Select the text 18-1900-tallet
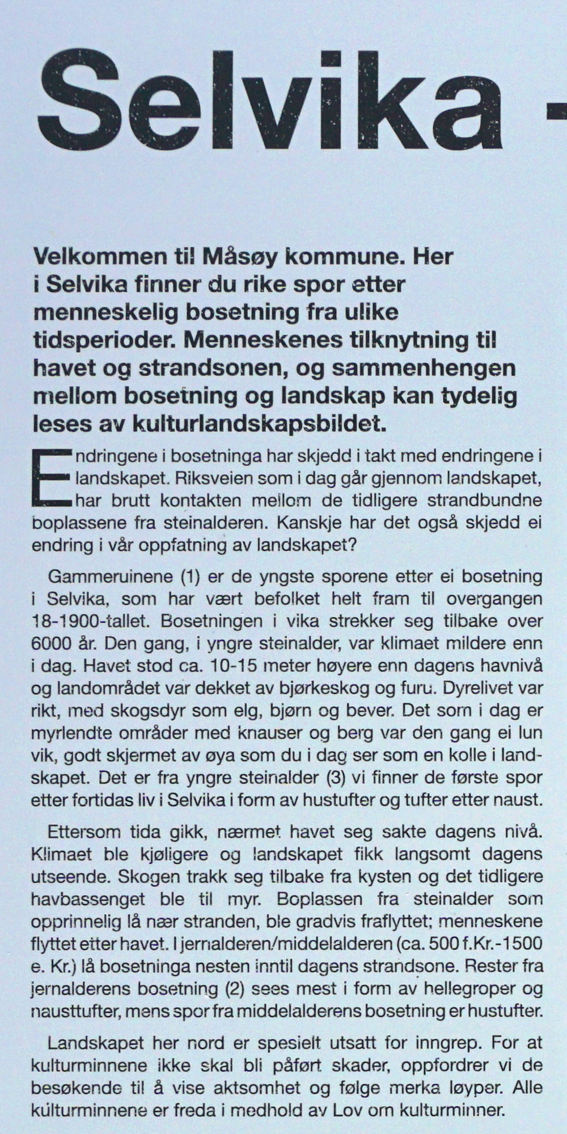pyautogui.click(x=90, y=621)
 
